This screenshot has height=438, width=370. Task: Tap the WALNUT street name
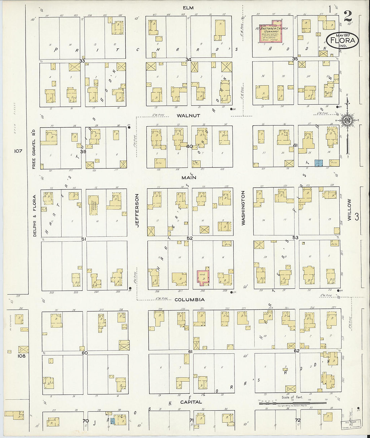point(188,115)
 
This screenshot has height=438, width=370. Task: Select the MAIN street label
point(189,177)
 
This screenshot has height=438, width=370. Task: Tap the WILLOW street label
point(349,210)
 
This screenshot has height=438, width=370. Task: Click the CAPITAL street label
point(191,402)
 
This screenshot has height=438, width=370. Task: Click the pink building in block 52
point(203,277)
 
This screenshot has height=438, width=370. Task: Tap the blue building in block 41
point(318,163)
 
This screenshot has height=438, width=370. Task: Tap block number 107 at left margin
point(18,151)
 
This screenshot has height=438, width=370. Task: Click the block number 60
point(84,353)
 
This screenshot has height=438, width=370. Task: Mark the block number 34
point(188,60)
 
